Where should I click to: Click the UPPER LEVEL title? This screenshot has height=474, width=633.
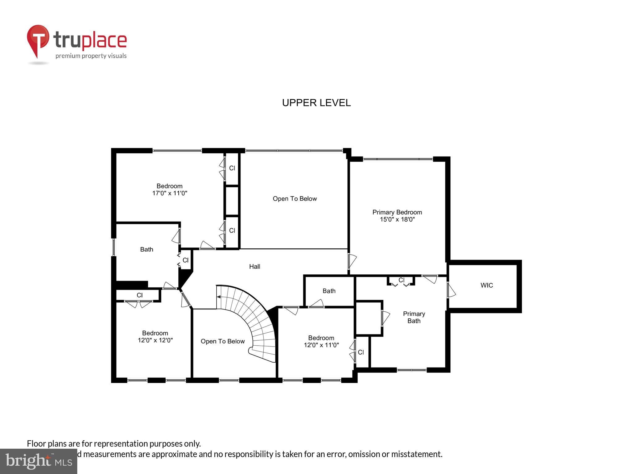pyautogui.click(x=316, y=103)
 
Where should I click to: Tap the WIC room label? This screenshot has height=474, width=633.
pyautogui.click(x=486, y=285)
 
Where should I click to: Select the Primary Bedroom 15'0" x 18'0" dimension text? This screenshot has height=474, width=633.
pyautogui.click(x=397, y=219)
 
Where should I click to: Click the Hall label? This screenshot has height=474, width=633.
pyautogui.click(x=255, y=267)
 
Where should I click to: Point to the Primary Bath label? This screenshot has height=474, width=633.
pyautogui.click(x=414, y=317)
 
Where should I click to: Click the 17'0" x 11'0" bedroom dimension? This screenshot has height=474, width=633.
pyautogui.click(x=170, y=193)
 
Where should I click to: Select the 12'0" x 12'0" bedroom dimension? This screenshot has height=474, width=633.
pyautogui.click(x=155, y=340)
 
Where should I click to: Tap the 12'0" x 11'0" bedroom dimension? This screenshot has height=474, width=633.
pyautogui.click(x=321, y=345)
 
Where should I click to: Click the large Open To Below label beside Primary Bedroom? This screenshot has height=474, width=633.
pyautogui.click(x=295, y=199)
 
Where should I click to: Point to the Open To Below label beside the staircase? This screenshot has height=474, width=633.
pyautogui.click(x=223, y=341)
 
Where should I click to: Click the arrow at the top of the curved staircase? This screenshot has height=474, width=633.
pyautogui.click(x=219, y=297)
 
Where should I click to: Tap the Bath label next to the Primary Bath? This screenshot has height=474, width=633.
pyautogui.click(x=329, y=291)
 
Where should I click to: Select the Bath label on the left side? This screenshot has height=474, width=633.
pyautogui.click(x=147, y=249)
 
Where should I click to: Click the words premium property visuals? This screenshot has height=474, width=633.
pyautogui.click(x=91, y=56)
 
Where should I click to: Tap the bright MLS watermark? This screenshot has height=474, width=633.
pyautogui.click(x=38, y=461)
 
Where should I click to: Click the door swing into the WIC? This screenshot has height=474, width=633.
pyautogui.click(x=451, y=290)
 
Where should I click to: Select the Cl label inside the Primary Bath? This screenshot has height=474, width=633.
pyautogui.click(x=401, y=280)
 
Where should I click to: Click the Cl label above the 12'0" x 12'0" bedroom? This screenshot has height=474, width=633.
pyautogui.click(x=140, y=295)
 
